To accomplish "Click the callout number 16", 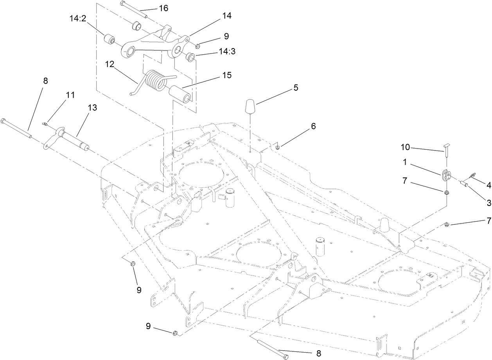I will click(x=163, y=8).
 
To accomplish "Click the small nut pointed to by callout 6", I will click(x=278, y=147).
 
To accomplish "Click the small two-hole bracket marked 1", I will click(x=446, y=176).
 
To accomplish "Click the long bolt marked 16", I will click(x=133, y=10).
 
